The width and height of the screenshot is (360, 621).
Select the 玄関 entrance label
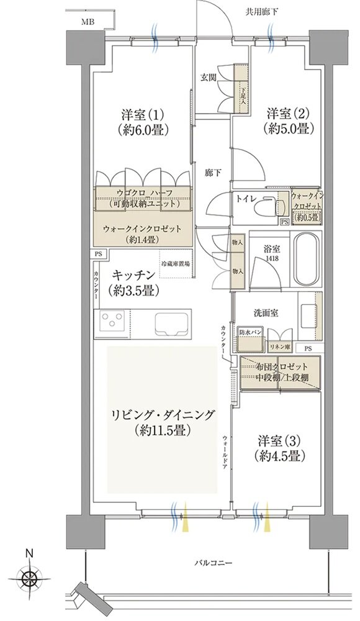(x=209, y=78)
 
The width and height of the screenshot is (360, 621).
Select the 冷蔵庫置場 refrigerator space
(x=175, y=264)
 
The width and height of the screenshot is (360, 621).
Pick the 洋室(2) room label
(x=288, y=121)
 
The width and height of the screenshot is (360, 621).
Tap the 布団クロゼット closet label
(x=279, y=370)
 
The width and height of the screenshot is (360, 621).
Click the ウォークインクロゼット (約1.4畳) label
(x=143, y=233)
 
